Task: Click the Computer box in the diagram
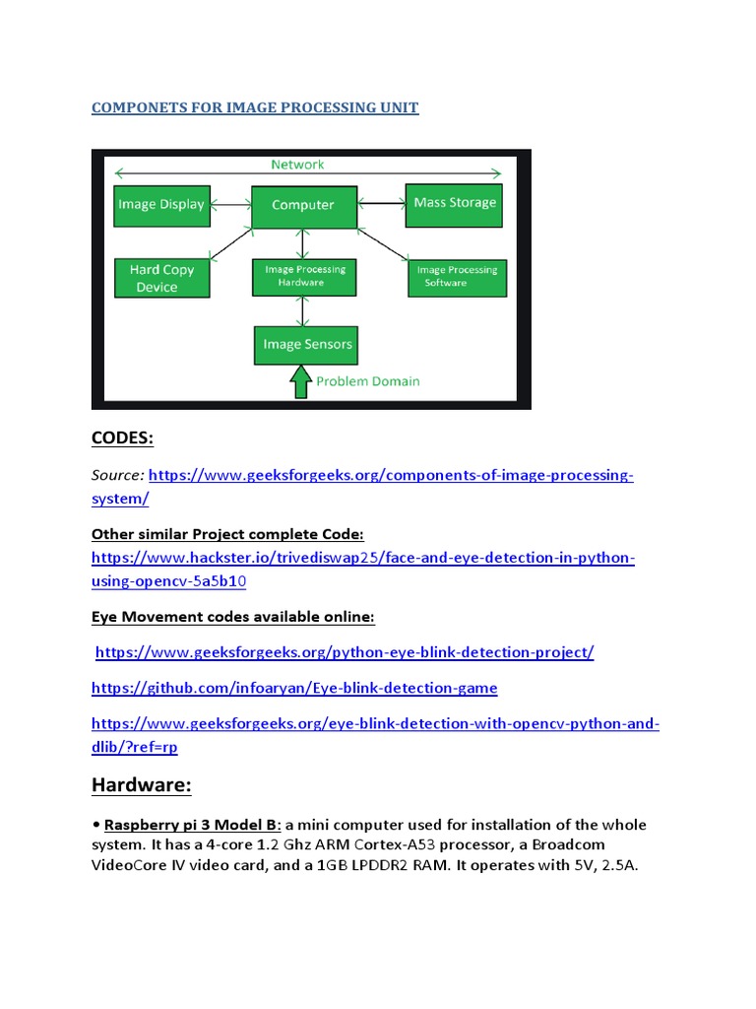pos(302,206)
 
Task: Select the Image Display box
pos(161,205)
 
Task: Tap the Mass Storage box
pos(455,203)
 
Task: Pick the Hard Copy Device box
pos(163,278)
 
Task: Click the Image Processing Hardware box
pos(305,276)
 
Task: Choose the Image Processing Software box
pos(457,277)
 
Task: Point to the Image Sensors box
pos(307,345)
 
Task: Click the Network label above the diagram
pos(297,165)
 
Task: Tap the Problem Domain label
pos(367,381)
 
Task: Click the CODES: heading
pos(123,437)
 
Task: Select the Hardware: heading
pos(141,785)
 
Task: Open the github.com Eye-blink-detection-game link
pos(294,688)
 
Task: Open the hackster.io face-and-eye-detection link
pos(363,559)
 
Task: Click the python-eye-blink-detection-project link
pos(345,652)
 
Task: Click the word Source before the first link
pos(117,475)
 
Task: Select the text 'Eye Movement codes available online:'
pos(233,617)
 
